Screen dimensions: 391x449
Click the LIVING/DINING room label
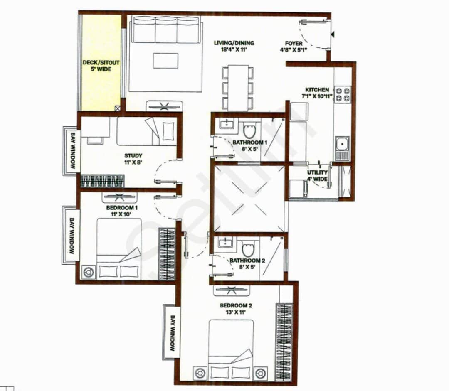234,43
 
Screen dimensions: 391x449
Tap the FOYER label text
294,43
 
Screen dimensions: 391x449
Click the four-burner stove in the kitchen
343,94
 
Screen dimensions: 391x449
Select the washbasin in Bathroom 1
227,123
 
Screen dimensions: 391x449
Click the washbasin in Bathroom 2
226,242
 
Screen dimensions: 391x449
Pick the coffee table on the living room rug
165,61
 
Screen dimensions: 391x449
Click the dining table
238,88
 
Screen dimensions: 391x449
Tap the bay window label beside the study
72,150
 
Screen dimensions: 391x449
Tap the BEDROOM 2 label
236,305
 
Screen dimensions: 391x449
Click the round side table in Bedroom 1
88,272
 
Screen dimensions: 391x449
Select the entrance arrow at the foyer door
333,35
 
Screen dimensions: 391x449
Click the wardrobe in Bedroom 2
284,342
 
